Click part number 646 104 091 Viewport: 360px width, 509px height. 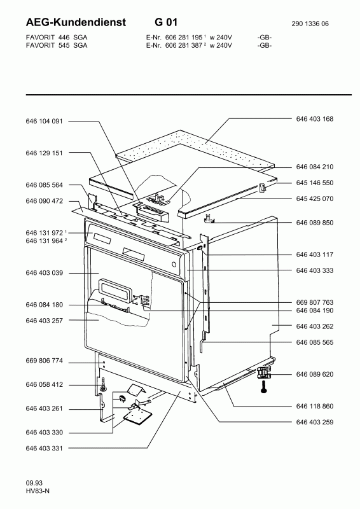click(44, 122)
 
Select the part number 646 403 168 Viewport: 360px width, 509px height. click(315, 119)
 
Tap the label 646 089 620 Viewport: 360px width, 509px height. click(315, 374)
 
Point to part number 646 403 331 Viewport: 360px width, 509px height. click(44, 449)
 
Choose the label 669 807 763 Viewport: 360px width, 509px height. click(315, 303)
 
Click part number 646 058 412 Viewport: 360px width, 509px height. click(44, 385)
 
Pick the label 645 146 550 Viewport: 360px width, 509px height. click(315, 183)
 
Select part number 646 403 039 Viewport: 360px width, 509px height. click(44, 273)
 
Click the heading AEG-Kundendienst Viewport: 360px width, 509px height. click(76, 22)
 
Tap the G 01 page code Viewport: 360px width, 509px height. click(166, 22)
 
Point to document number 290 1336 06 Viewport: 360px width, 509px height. click(310, 24)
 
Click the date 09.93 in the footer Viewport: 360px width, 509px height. click(34, 484)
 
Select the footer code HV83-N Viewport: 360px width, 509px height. click(38, 491)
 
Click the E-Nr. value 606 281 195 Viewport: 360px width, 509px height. click(184, 38)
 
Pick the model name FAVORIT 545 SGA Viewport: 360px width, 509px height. click(57, 45)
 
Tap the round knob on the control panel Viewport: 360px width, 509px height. click(174, 264)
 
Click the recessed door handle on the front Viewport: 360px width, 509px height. click(117, 287)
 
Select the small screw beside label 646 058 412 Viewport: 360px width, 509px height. click(102, 384)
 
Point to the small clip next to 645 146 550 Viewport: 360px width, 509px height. click(262, 187)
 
